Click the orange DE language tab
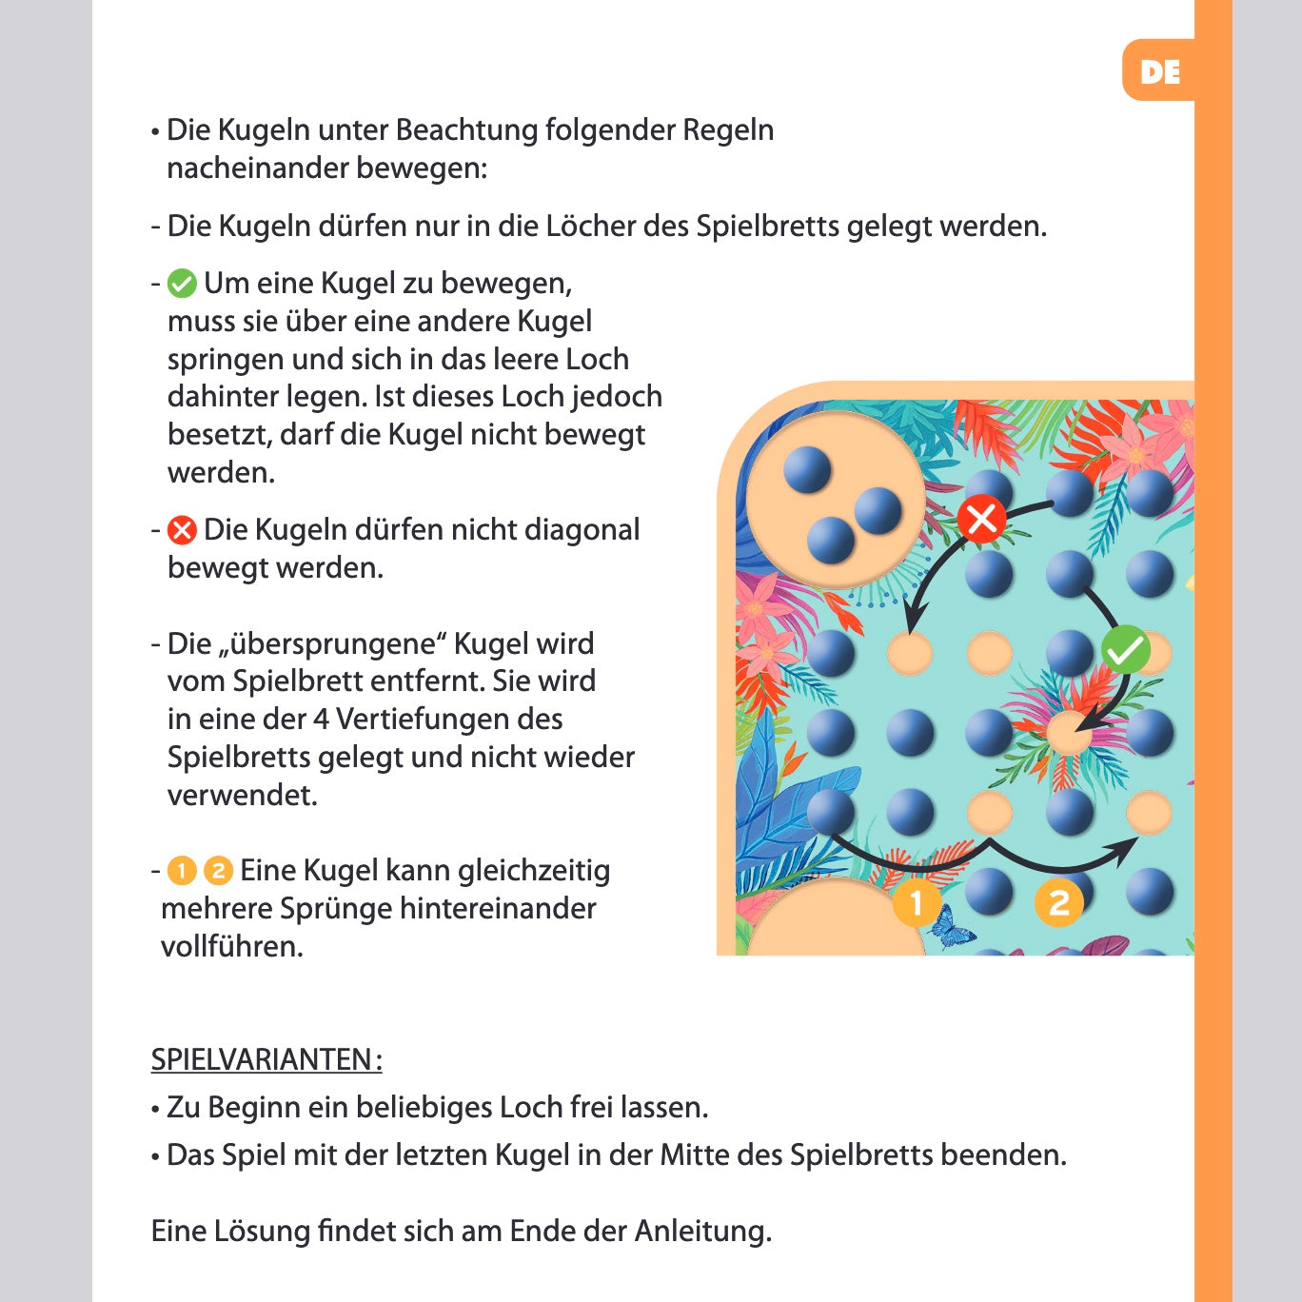[1159, 71]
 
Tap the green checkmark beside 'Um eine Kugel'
[182, 284]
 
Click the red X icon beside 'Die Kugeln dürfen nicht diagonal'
[182, 530]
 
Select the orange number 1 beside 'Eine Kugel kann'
[182, 870]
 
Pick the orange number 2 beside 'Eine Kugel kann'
[218, 870]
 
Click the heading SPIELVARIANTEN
[266, 1059]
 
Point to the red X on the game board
[981, 519]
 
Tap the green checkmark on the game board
[1126, 650]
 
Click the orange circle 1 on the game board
[917, 902]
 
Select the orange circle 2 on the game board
[1059, 902]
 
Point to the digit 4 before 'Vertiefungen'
[321, 719]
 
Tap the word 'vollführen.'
[231, 946]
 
